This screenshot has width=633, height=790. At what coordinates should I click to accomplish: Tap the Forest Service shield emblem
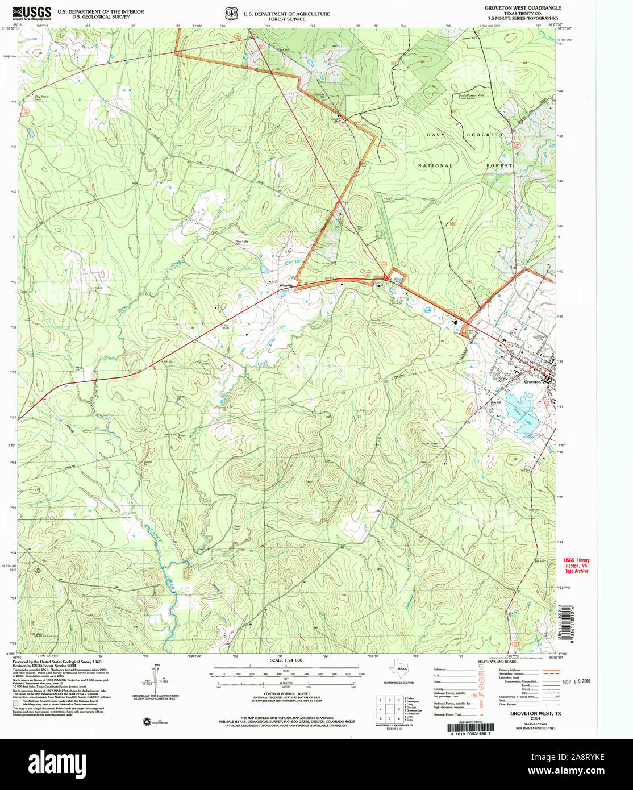tap(231, 13)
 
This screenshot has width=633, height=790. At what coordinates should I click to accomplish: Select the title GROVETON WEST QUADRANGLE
tap(522, 8)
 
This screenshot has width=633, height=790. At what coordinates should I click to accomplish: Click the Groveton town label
tap(532, 382)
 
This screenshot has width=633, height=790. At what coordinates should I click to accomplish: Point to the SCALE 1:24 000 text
tap(286, 660)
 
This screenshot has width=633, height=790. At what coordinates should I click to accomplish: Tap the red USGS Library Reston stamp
tap(576, 565)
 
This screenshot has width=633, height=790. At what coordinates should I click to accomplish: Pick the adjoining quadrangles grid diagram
tap(389, 709)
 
